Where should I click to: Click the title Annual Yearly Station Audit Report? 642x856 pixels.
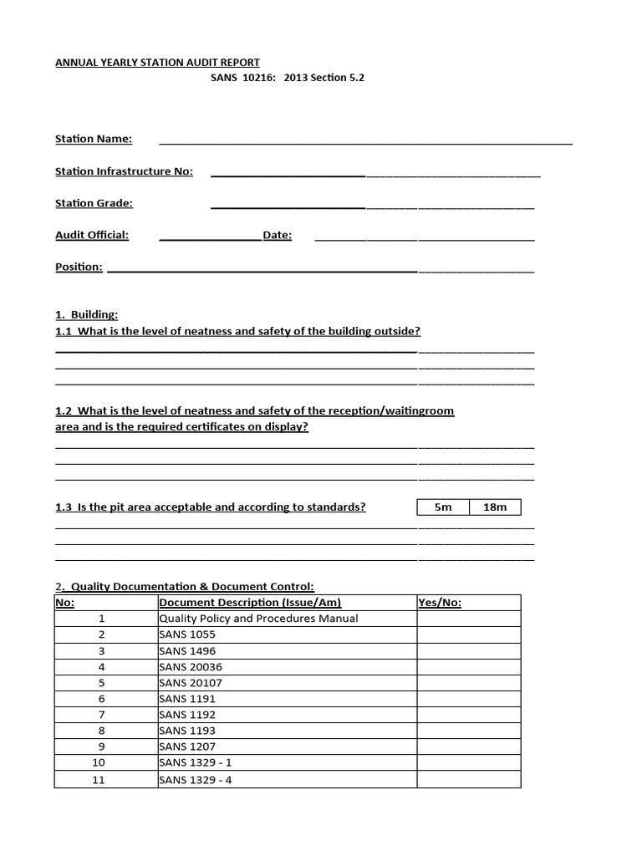157,63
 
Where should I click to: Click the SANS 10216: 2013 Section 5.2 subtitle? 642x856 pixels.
287,78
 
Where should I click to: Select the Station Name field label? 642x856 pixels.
94,139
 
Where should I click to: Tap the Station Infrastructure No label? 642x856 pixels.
124,171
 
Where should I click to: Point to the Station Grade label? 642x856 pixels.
94,203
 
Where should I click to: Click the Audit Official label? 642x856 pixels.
92,235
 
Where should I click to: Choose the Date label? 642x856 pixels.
277,235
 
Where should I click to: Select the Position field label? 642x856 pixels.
79,267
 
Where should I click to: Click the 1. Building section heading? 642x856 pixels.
86,315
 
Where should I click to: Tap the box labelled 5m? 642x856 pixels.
443,507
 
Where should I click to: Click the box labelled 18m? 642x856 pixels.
495,507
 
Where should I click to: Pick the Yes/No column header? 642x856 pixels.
440,603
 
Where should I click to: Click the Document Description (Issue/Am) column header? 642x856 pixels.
250,603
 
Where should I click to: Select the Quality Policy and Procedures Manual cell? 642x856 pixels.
258,619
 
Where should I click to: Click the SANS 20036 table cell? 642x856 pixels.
191,667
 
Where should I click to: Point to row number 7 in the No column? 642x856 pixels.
102,716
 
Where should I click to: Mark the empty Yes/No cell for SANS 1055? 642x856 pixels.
468,634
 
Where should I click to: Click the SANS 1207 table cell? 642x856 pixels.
187,747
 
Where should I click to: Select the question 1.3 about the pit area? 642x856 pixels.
211,507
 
